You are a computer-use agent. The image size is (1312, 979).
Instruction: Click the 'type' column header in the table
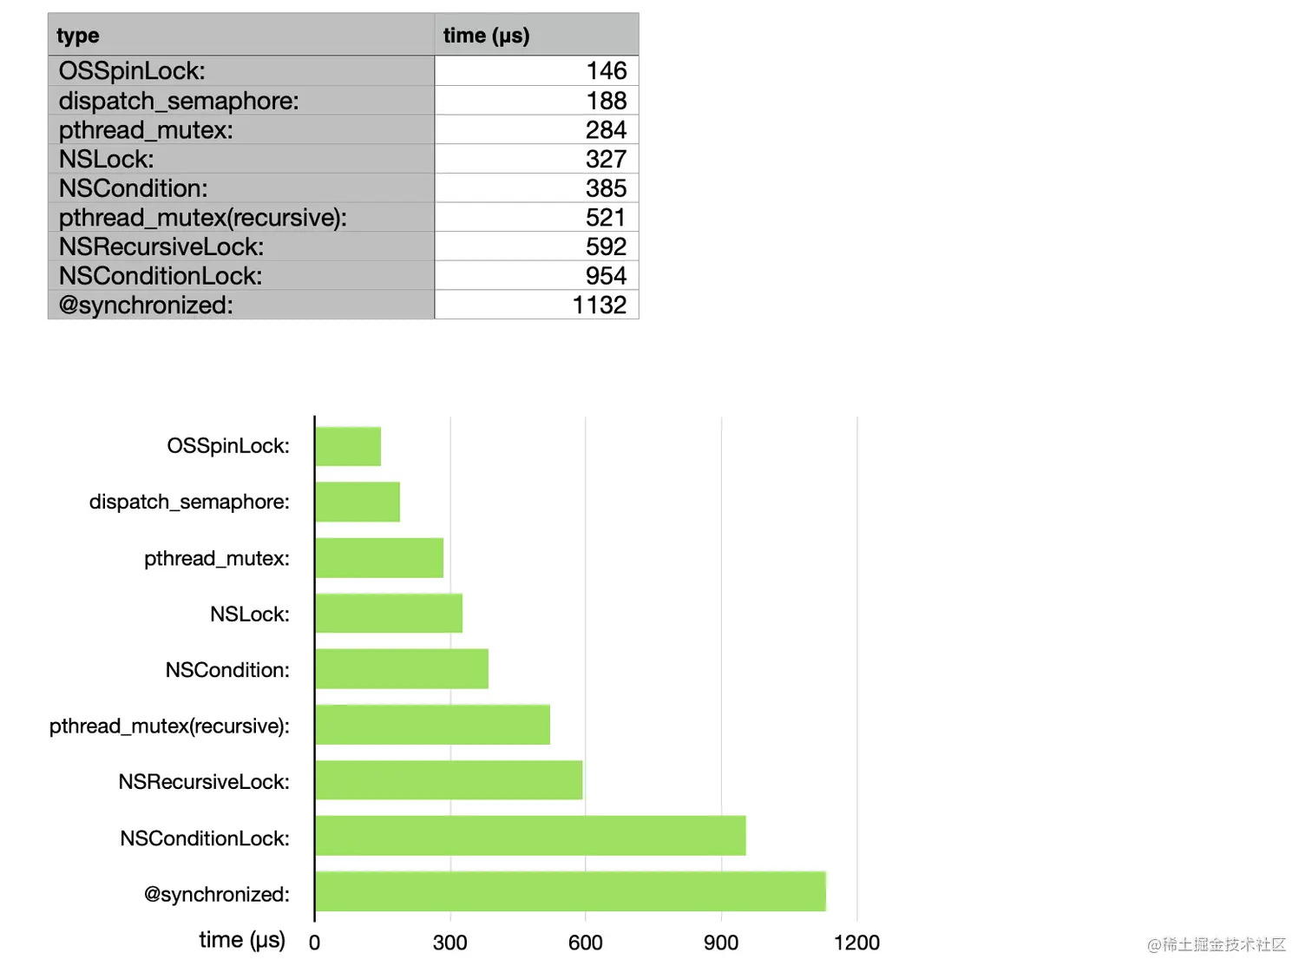point(78,36)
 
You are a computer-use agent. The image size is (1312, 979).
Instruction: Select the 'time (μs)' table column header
point(486,36)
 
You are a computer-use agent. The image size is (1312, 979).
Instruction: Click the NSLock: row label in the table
point(106,159)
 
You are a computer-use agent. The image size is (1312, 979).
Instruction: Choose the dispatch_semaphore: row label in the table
point(179,101)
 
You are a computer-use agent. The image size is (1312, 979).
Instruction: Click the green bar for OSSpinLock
point(348,446)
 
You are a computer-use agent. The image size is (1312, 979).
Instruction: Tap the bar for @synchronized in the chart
point(570,891)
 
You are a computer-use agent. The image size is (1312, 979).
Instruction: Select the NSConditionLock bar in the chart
point(530,836)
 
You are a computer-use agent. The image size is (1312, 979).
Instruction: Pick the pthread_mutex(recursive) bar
point(432,725)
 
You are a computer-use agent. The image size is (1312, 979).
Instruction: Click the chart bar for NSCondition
point(402,669)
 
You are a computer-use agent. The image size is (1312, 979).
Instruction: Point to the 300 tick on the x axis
point(450,943)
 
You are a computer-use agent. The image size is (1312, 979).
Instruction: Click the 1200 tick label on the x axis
point(856,943)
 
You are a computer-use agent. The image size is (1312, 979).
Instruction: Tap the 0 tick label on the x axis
point(314,943)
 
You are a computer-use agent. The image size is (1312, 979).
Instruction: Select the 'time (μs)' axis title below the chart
point(242,940)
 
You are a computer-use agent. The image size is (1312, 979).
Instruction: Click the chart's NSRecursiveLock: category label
point(204,782)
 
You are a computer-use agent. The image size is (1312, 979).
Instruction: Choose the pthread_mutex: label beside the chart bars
point(217,558)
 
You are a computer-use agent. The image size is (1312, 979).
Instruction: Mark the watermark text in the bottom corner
point(1217,944)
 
